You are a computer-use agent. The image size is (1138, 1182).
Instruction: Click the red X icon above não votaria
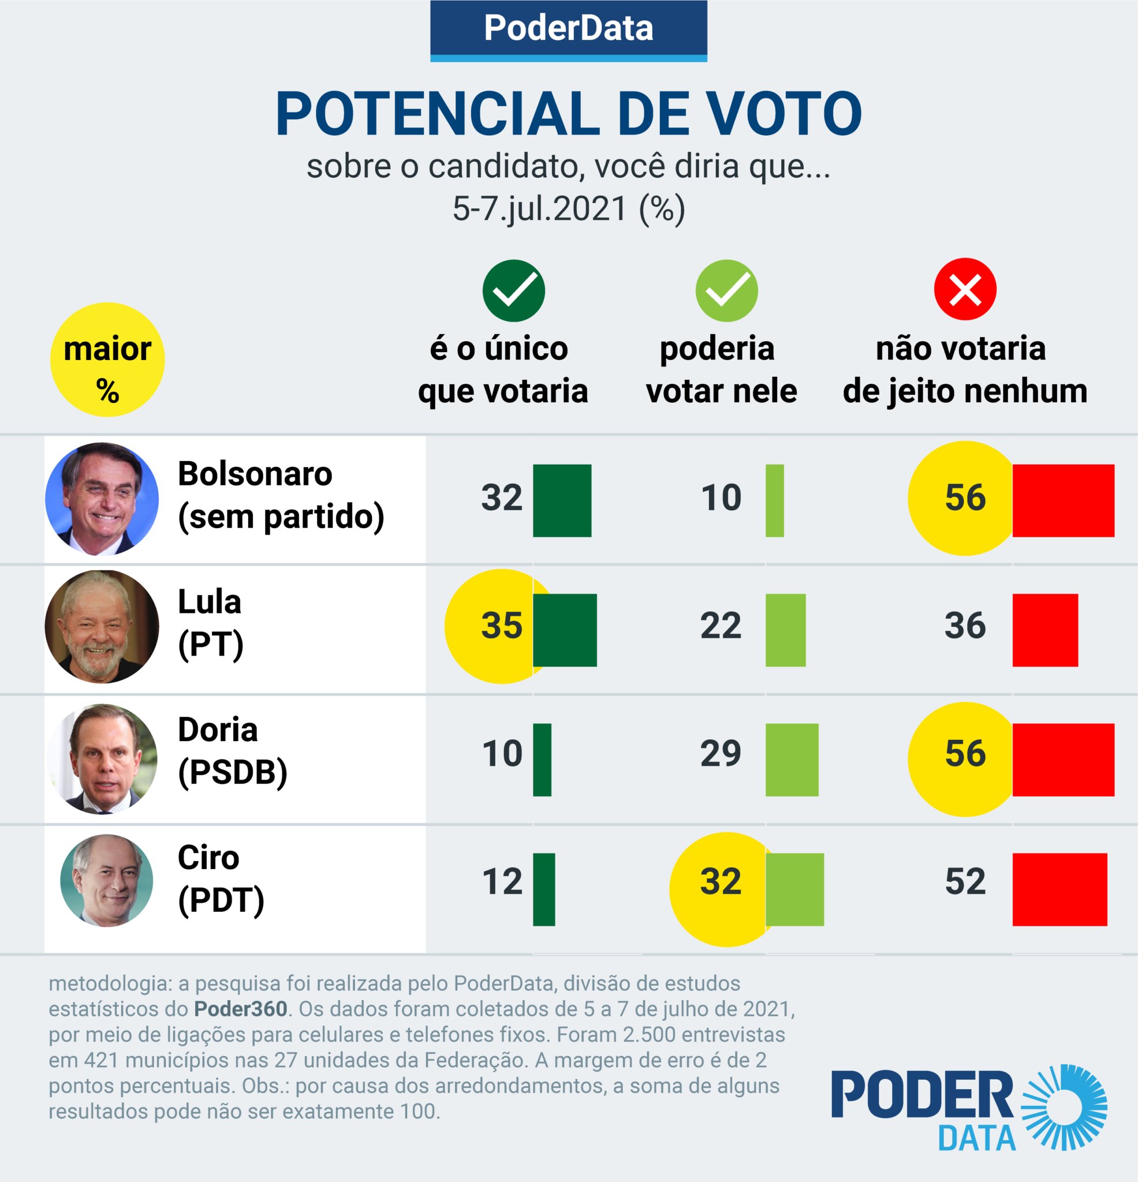965,290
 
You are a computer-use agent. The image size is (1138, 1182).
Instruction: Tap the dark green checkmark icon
513,291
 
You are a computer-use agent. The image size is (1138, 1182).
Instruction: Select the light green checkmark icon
726,291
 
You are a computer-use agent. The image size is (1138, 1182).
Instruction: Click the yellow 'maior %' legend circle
107,360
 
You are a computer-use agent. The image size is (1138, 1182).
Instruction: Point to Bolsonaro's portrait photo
102,499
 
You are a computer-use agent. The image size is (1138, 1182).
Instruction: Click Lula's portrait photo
102,627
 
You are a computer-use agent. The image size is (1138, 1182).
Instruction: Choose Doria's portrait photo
102,758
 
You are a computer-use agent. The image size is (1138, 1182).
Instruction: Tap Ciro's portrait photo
107,881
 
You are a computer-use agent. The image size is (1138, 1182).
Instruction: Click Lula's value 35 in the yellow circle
501,626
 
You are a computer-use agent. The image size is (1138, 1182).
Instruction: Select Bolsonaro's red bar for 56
1063,500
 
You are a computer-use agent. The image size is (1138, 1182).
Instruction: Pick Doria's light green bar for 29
792,760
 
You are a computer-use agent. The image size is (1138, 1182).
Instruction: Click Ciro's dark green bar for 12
544,889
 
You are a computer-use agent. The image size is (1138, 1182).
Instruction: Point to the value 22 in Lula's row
721,626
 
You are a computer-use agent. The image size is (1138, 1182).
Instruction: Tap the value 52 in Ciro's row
965,882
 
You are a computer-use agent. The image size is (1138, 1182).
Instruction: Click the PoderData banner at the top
568,29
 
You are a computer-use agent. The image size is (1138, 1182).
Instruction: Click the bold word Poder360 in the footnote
240,1009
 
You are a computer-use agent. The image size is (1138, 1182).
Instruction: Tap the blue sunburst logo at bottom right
1064,1106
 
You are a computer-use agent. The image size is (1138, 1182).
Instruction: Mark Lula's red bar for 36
1045,630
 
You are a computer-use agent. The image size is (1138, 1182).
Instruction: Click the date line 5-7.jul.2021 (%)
568,210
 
